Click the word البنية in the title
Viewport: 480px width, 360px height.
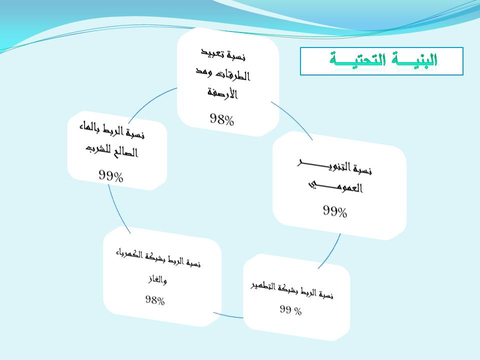coord(411,59)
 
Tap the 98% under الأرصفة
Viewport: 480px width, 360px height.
coord(222,119)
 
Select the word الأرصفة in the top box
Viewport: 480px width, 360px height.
coord(222,92)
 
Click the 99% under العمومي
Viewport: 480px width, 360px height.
coord(335,211)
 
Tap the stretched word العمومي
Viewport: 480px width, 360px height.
coord(335,186)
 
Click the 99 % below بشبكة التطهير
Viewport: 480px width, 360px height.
coord(290,310)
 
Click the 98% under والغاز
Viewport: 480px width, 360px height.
coord(155,300)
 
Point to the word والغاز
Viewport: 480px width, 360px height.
coord(157,279)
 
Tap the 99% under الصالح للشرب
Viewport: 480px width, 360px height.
coord(111,176)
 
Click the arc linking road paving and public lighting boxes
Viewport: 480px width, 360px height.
coord(294,119)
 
